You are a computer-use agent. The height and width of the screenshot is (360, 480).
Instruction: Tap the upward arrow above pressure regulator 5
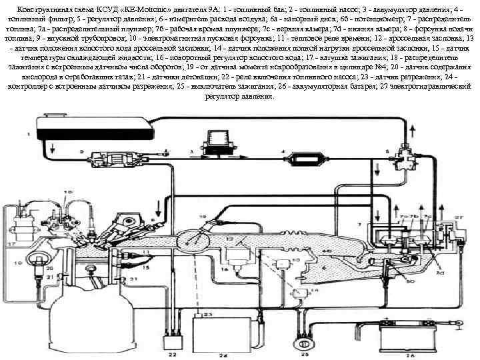point(414,128)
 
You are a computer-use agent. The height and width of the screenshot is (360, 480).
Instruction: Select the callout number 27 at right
point(459,217)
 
